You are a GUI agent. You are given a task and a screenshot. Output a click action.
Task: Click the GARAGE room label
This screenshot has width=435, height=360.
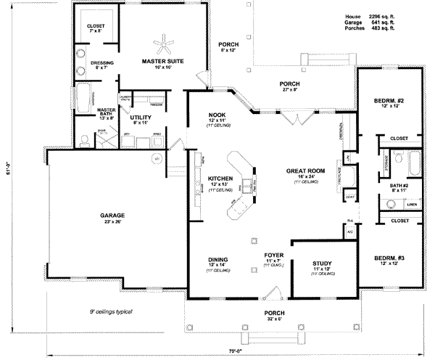click(x=113, y=216)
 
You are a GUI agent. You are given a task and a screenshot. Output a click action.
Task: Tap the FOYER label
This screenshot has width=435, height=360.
click(x=272, y=255)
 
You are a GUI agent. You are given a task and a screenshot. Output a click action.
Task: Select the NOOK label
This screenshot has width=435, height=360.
click(x=215, y=115)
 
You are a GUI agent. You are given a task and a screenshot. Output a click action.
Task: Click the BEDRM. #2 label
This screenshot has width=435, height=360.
click(x=389, y=100)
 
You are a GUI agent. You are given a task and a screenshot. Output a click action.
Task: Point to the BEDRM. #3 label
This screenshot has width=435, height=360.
click(x=389, y=258)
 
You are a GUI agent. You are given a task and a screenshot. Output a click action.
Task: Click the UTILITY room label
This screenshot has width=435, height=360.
click(x=141, y=116)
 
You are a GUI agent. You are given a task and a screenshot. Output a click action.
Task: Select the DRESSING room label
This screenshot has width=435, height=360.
click(x=101, y=63)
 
